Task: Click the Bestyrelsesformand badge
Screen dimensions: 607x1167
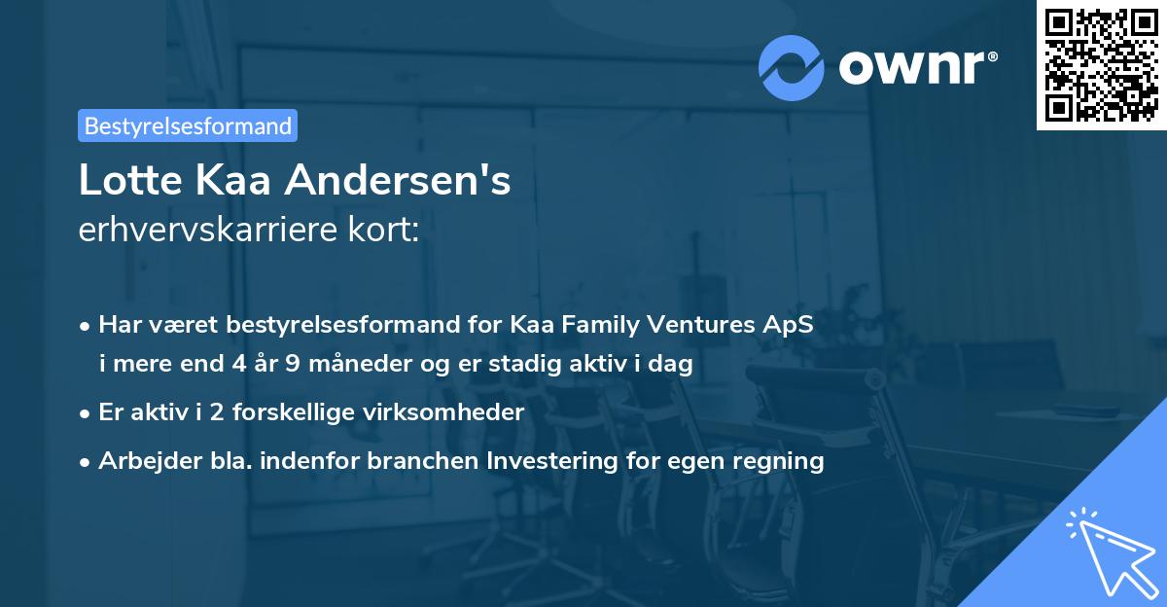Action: [188, 125]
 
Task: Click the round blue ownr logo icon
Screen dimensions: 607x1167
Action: [792, 67]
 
